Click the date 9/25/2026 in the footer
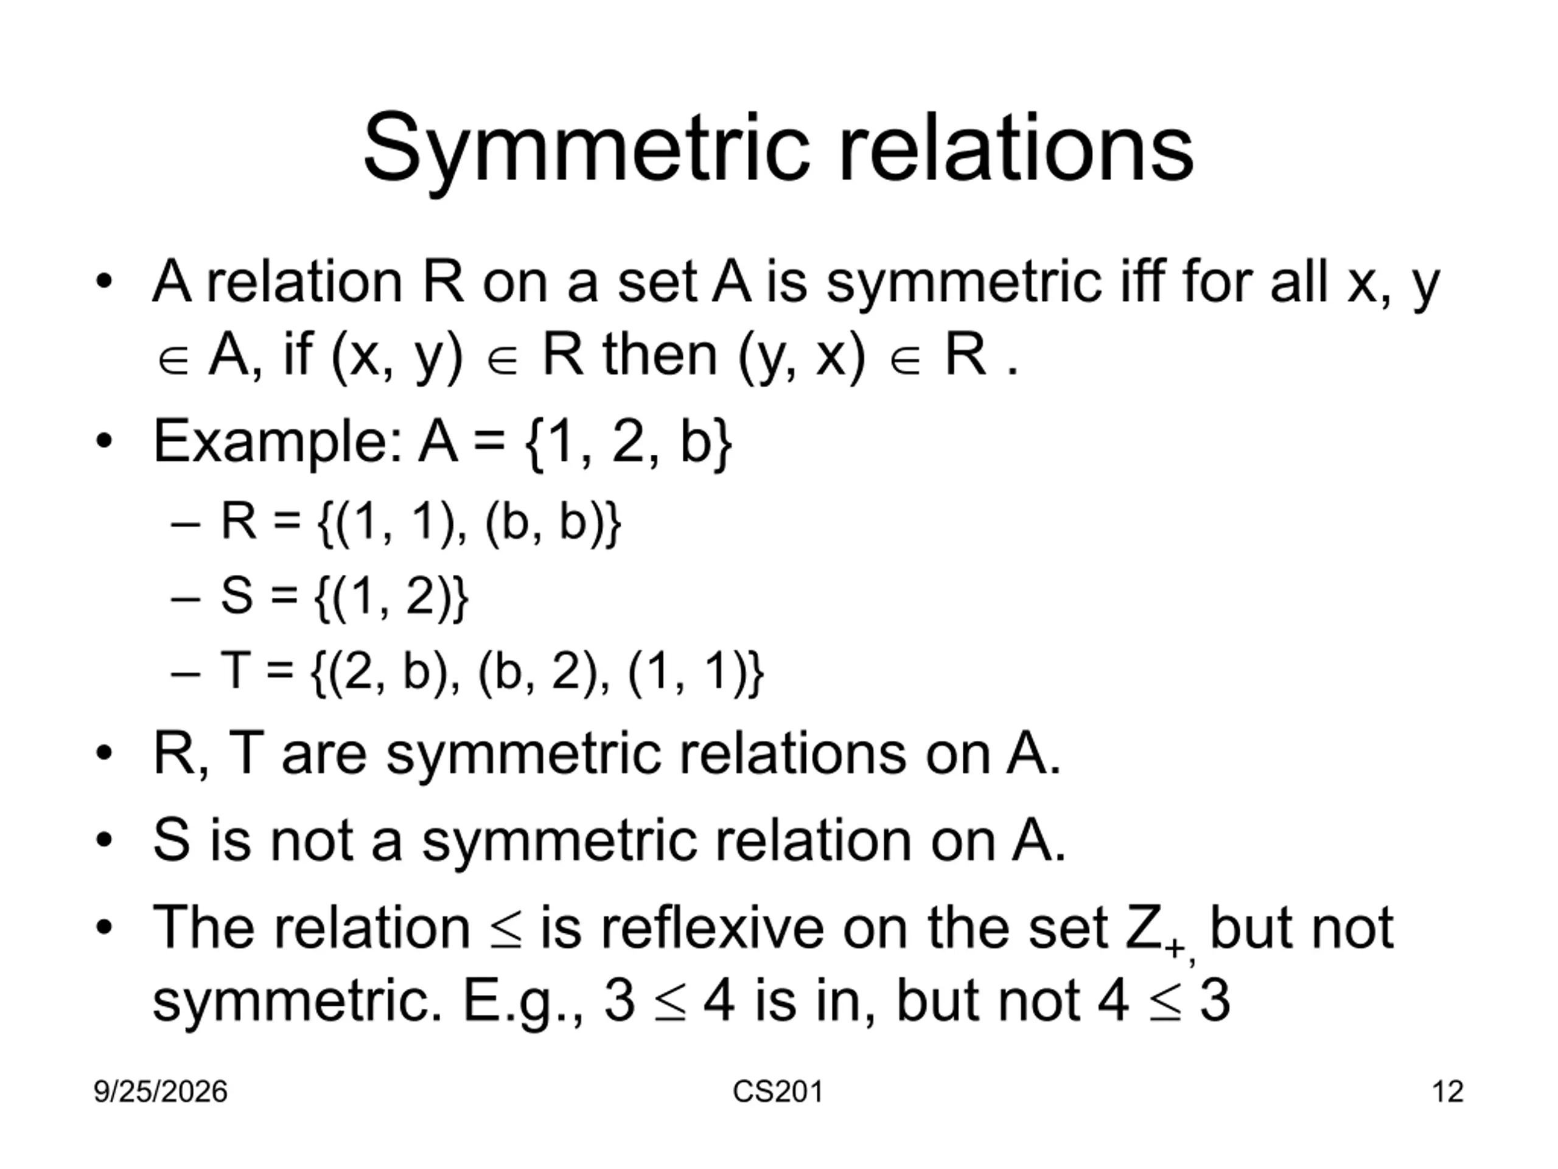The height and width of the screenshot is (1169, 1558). (x=161, y=1092)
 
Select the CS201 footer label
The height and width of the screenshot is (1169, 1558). (x=778, y=1092)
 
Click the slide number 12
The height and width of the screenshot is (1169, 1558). (x=1447, y=1092)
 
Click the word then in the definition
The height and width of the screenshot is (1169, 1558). (x=660, y=354)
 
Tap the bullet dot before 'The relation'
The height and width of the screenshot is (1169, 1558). (x=104, y=928)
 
